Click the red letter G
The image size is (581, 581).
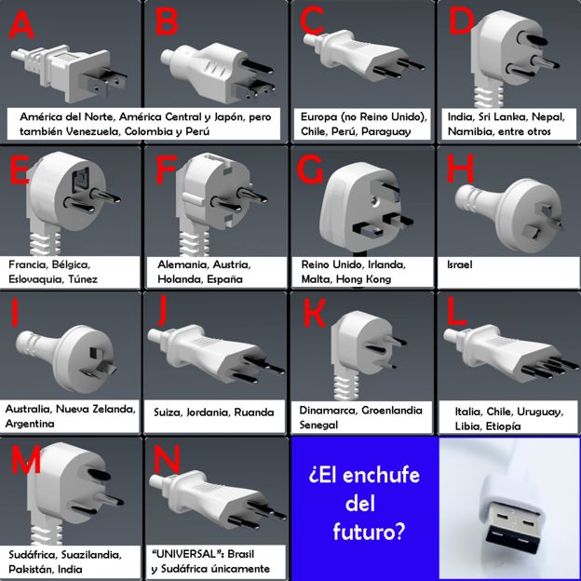point(310,169)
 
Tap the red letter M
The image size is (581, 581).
point(26,459)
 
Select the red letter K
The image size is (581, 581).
point(314,313)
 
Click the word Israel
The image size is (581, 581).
point(459,264)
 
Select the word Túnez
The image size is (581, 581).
point(82,278)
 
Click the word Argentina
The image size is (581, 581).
point(30,424)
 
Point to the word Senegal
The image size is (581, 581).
point(318,425)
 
